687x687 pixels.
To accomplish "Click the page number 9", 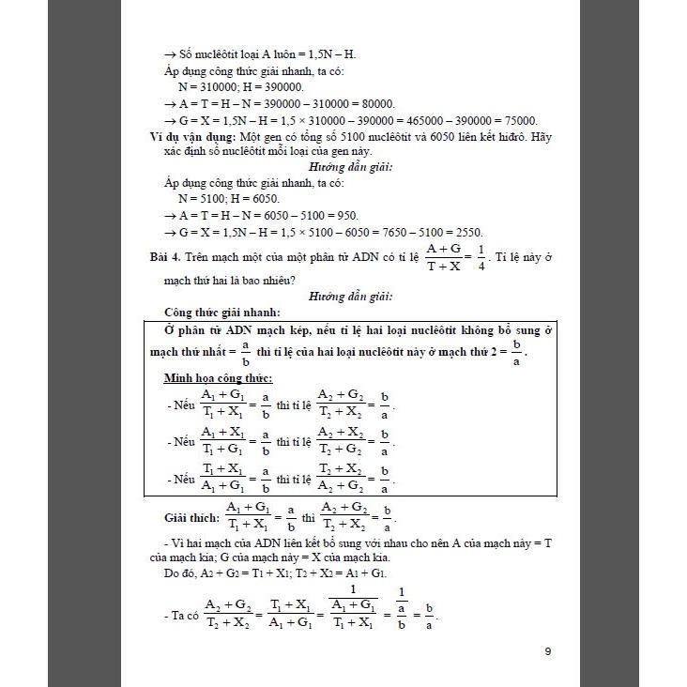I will [x=547, y=650].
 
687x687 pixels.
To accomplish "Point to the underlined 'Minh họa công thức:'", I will [x=218, y=377].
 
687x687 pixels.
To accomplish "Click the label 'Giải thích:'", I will [x=191, y=518].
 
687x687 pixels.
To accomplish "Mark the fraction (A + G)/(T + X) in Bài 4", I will [x=446, y=256].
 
